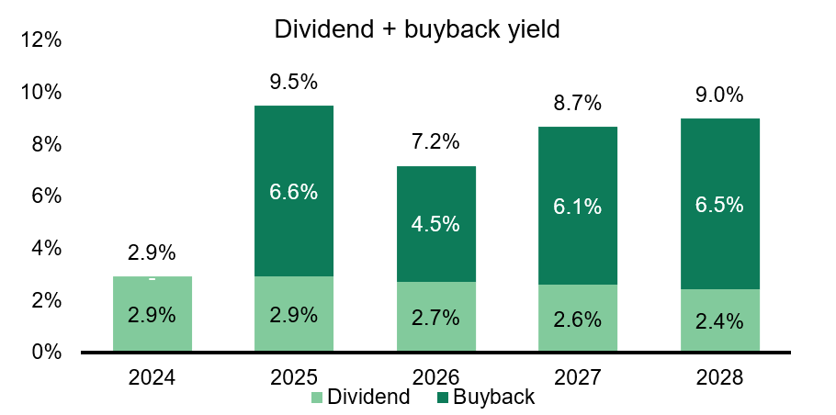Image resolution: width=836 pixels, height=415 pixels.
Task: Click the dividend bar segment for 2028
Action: coord(720,320)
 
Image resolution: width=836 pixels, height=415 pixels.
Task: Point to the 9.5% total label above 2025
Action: coord(294,81)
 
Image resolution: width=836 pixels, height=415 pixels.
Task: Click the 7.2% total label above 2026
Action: coord(436,141)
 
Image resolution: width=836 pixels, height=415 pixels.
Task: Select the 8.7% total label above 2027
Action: coord(578,102)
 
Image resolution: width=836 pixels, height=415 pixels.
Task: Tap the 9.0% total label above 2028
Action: coord(720,94)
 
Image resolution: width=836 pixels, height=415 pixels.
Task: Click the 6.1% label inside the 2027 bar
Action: coord(578,207)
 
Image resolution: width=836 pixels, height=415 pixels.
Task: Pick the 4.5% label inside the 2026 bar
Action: coord(436,224)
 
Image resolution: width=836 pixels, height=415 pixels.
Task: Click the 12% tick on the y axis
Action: coord(42,40)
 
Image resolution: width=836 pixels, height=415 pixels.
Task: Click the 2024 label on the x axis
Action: coord(153,376)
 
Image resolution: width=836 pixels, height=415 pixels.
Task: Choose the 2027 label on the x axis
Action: coord(578,376)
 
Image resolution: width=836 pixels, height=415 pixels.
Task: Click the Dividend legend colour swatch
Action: coord(317,398)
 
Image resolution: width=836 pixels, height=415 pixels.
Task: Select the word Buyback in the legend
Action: coord(493,398)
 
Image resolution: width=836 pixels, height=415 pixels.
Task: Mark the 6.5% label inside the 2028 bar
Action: coord(720,204)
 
